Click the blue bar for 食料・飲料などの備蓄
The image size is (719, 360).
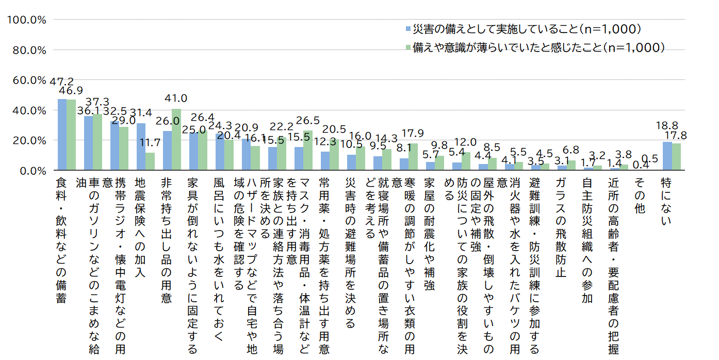pyautogui.click(x=62, y=134)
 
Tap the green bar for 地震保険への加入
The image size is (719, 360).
pyautogui.click(x=150, y=161)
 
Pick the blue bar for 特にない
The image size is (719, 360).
pyautogui.click(x=667, y=156)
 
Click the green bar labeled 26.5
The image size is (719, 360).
pyautogui.click(x=308, y=150)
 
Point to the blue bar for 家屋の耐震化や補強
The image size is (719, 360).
pyautogui.click(x=430, y=166)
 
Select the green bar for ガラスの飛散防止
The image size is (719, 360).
pyautogui.click(x=571, y=165)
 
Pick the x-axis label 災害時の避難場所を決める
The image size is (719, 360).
pyautogui.click(x=351, y=253)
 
